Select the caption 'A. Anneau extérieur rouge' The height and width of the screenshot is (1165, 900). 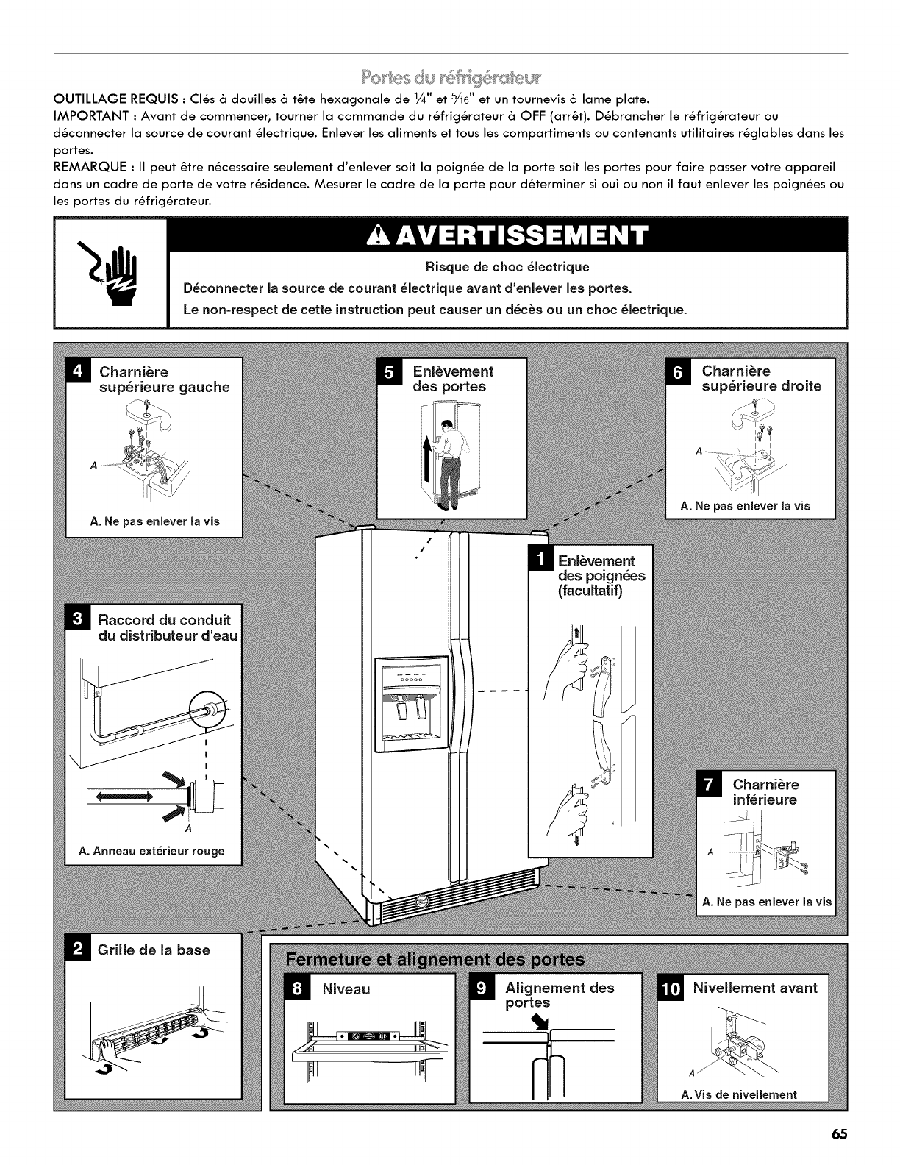[151, 851]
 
